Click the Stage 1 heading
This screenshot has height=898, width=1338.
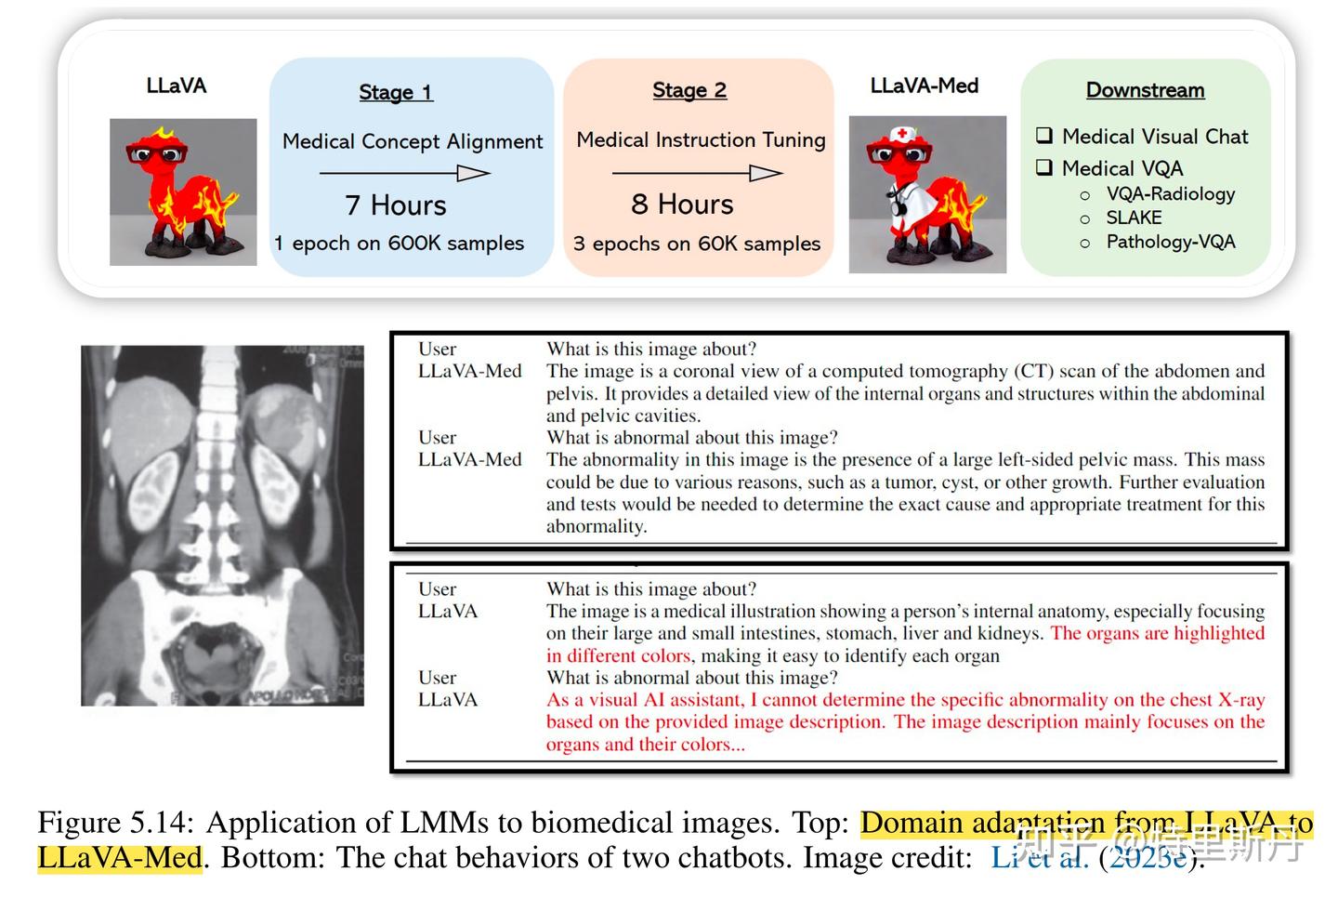[396, 92]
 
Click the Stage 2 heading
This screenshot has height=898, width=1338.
[689, 90]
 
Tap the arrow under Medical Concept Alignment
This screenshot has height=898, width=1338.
[405, 173]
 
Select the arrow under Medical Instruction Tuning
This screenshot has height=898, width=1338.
[698, 173]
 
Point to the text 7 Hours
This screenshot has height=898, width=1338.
[395, 205]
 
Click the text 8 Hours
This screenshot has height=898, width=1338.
[682, 204]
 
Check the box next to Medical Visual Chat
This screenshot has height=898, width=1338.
[1045, 136]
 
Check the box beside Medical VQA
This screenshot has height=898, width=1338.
[1045, 167]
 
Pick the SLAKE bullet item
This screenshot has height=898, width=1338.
[1134, 218]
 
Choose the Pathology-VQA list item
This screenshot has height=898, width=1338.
[1170, 242]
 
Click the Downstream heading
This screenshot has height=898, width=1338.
[1145, 90]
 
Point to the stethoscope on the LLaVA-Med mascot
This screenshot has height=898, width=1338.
[898, 200]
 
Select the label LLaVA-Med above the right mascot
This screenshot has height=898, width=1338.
[924, 86]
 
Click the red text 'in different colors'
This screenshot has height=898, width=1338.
[618, 655]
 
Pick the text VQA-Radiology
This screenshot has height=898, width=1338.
[1170, 193]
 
